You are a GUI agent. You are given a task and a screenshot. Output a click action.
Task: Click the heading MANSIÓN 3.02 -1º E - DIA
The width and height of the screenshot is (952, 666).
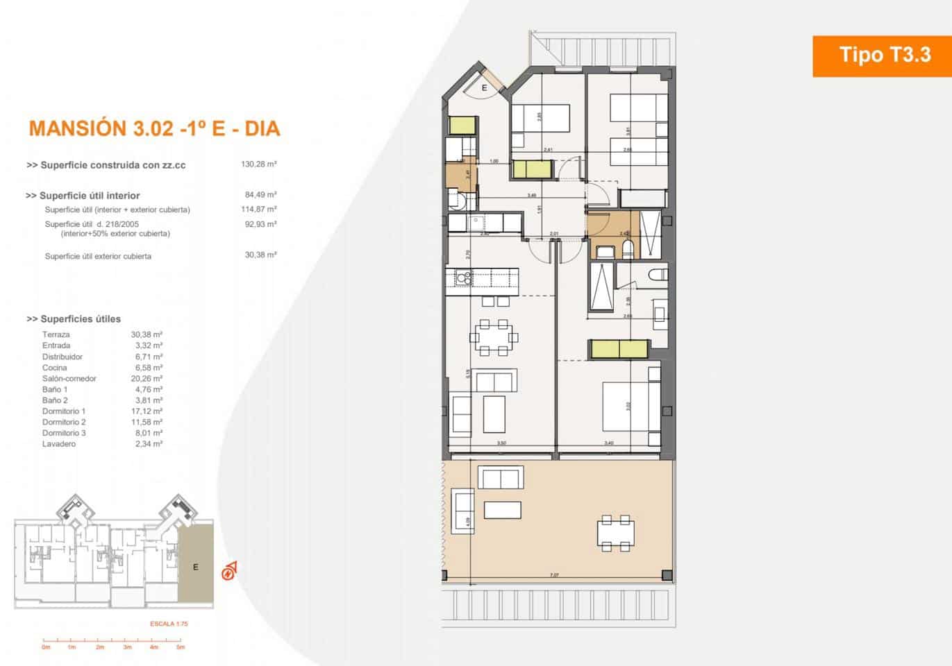(154, 128)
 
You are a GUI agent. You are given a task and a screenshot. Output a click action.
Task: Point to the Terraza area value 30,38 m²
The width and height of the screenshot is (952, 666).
(147, 334)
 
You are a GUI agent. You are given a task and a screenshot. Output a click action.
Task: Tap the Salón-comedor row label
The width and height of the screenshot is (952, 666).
(69, 379)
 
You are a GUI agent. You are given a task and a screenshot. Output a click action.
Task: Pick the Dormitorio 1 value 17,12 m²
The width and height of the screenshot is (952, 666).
(147, 411)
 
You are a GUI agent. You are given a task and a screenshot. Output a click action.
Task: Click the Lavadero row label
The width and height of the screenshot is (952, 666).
(59, 444)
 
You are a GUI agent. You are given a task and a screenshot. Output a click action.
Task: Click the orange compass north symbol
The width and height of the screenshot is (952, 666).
(228, 572)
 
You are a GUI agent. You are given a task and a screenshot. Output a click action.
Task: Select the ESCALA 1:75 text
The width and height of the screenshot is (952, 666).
(169, 624)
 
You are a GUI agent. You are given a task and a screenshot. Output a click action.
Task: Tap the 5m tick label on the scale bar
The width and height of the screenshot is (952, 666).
(181, 647)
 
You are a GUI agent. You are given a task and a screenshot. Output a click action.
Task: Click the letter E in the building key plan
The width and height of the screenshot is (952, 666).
(196, 567)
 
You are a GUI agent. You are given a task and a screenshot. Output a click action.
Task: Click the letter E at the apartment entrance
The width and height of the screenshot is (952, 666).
(485, 87)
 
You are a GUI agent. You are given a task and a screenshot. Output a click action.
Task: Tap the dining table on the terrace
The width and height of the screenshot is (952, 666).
(616, 533)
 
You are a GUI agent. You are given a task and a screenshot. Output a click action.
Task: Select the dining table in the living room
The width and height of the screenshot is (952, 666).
(494, 337)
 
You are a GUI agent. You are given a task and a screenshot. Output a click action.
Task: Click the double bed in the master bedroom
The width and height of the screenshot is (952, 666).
(630, 406)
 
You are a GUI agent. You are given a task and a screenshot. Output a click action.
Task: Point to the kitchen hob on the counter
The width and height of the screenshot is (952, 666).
(463, 278)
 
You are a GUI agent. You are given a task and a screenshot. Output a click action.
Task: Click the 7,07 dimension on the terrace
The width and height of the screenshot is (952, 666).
(553, 575)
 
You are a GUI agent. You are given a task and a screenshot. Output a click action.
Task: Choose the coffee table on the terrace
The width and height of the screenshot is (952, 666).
(502, 510)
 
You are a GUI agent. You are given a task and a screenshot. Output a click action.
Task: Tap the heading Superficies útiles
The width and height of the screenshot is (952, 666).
(74, 319)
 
